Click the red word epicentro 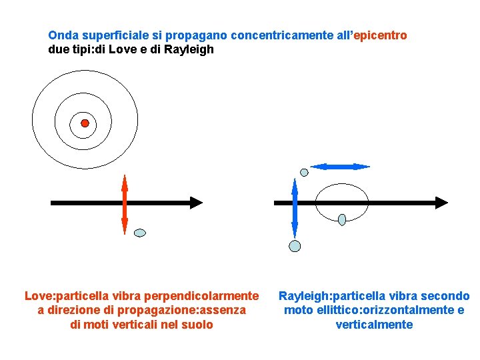point(381,35)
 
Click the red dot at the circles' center point(85,123)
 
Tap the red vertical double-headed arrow point(125,204)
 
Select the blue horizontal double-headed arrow point(341,166)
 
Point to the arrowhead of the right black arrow point(441,202)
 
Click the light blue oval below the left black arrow point(140,233)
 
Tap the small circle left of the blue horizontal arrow point(305,172)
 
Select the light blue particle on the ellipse point(342,219)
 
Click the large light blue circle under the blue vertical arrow point(295,246)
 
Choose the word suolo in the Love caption point(198,325)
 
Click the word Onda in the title point(62,35)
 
